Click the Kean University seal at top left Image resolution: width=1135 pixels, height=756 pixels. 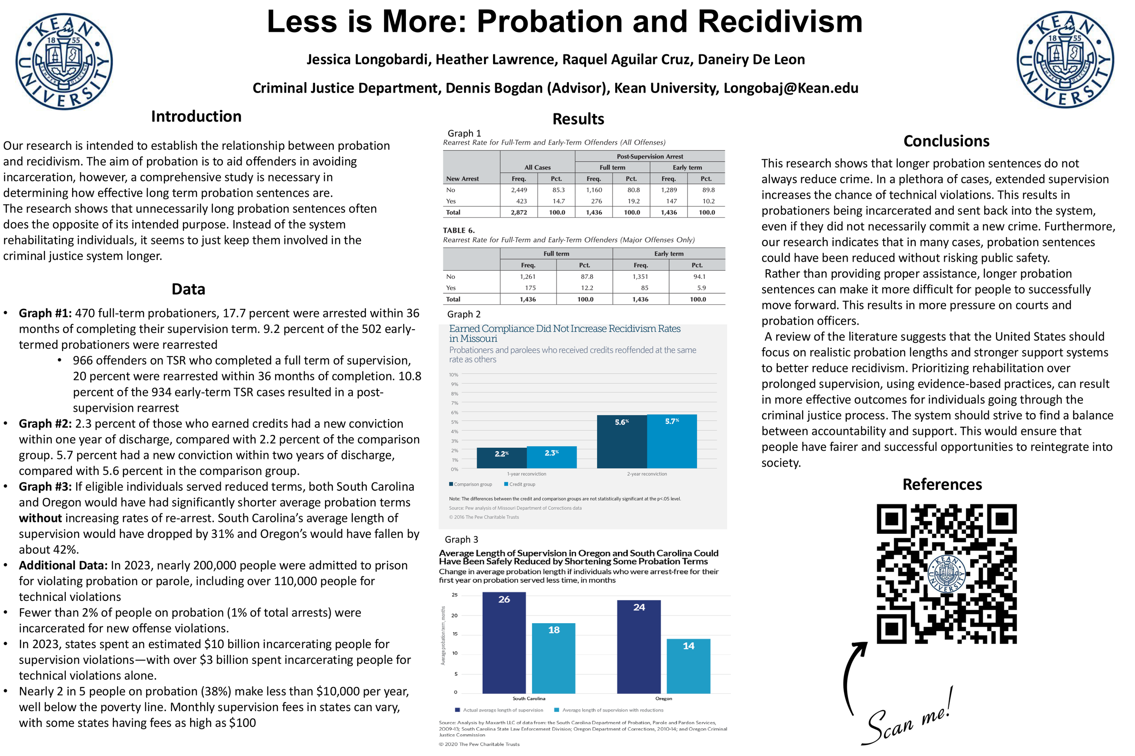[64, 61]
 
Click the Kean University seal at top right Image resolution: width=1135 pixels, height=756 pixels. [1065, 59]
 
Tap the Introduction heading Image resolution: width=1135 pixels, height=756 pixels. [196, 117]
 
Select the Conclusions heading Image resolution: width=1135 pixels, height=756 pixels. [946, 141]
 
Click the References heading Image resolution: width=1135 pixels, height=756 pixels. [942, 484]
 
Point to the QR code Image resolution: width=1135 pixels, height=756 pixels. [946, 574]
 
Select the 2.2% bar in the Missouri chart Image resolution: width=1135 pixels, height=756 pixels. [501, 458]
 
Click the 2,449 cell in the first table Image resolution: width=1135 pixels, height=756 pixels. [519, 190]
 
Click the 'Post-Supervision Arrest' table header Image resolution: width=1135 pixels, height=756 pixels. [650, 156]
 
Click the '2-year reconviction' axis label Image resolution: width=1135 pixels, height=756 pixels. [646, 474]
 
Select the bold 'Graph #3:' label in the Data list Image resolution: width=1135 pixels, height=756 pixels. [45, 487]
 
